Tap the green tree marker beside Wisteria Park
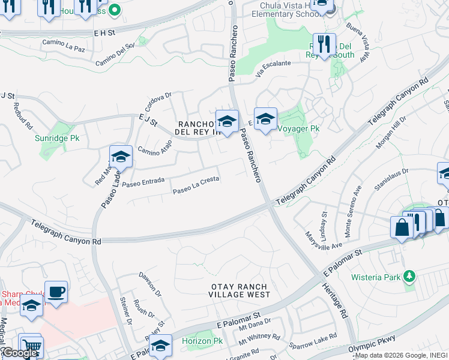coord(410,277)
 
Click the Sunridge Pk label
coord(57,138)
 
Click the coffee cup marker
coord(56,292)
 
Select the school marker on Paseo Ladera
coord(121,158)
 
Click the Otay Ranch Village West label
coord(240,290)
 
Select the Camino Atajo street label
coord(155,146)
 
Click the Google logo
coord(19,353)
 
